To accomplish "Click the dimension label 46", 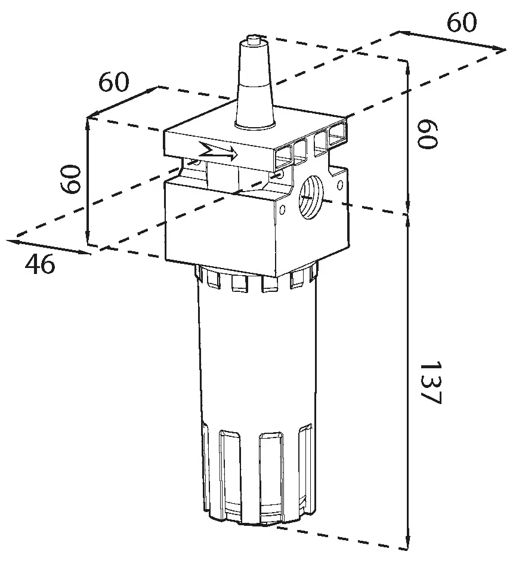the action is pos(40,264).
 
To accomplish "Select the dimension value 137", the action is pos(430,383).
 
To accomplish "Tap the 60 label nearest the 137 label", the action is pos(427,134).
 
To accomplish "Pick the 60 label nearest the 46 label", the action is pos(70,179).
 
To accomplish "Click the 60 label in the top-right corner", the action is pos(461,22).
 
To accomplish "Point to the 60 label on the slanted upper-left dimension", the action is pos(114,82).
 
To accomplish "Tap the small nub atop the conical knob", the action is pos(253,38).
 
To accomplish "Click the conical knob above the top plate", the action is pos(254,84).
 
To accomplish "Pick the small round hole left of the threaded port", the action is pos(282,209).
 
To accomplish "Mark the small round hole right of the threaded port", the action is pos(340,185).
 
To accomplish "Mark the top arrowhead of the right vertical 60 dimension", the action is pos(409,69).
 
